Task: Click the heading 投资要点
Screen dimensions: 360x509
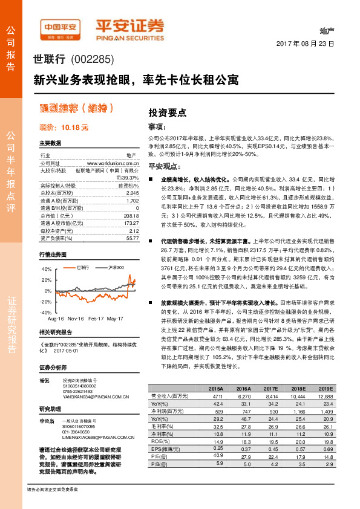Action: point(167,112)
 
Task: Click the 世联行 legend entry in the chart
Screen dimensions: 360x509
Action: point(83,267)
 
